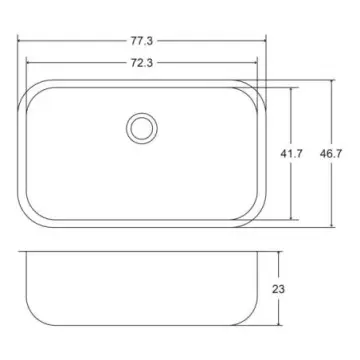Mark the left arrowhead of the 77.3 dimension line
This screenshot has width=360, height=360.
pyautogui.click(x=22, y=42)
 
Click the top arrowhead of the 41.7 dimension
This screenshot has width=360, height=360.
pyautogui.click(x=293, y=88)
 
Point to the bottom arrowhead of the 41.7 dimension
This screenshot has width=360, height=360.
pyautogui.click(x=293, y=219)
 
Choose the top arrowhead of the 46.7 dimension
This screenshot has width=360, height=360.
pyautogui.click(x=330, y=80)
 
